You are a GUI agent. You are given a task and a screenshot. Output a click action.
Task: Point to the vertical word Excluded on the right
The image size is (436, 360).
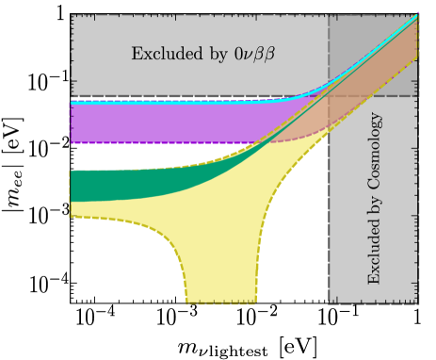pos(375,255)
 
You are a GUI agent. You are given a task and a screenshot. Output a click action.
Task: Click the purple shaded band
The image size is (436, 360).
pos(170,123)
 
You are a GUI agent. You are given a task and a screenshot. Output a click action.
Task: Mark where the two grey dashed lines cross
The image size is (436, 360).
pos(328,96)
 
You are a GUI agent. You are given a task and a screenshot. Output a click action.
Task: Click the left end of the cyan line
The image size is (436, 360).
pos(73,101)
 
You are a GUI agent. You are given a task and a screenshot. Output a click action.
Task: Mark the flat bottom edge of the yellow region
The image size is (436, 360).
pos(221,302)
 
